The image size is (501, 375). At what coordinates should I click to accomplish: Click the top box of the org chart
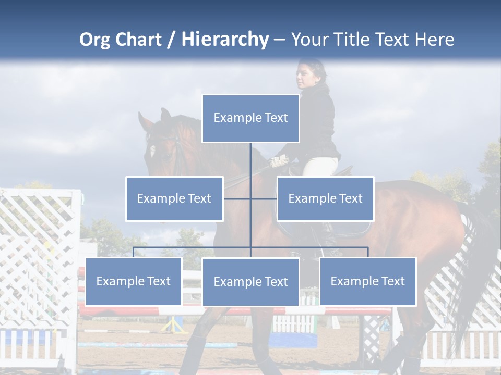click(250, 118)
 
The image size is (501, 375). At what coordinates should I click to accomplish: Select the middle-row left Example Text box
click(174, 198)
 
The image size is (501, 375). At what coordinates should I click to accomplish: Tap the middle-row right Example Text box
click(325, 198)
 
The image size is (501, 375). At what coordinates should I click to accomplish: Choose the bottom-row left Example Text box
click(134, 281)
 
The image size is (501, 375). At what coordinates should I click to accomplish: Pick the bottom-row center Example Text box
click(250, 282)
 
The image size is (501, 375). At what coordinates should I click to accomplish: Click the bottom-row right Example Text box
click(368, 281)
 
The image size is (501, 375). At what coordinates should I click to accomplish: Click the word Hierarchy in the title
click(225, 39)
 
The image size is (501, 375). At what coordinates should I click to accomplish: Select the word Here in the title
click(434, 40)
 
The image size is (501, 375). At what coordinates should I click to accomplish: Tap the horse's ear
click(165, 115)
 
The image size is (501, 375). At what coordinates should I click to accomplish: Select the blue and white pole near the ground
click(157, 345)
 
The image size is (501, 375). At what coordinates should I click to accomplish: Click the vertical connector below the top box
click(250, 167)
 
